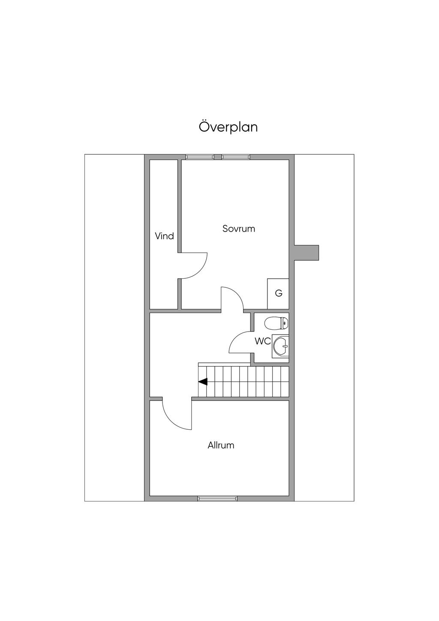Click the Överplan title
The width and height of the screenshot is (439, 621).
point(228,127)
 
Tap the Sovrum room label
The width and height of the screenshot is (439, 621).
point(239,229)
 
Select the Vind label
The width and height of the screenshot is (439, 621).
point(164,236)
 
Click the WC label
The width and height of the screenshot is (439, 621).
point(263,341)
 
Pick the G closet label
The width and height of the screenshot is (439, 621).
point(279,293)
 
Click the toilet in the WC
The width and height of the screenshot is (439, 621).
point(277,323)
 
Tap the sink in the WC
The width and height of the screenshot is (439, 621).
point(280,346)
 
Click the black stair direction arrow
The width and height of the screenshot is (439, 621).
point(203,382)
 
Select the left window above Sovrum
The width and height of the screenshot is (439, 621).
point(200,157)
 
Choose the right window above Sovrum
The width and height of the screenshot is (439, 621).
point(236,157)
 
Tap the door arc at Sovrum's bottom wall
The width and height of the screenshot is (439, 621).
point(238,295)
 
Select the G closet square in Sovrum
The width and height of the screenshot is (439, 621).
point(278,294)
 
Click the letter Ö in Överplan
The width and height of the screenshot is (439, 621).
point(204,127)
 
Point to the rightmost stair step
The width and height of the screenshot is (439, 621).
point(285,381)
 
